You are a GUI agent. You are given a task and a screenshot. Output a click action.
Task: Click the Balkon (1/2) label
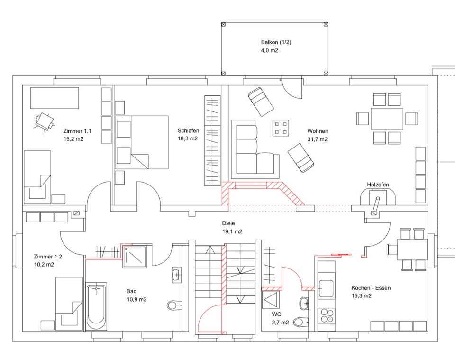[x=276, y=42]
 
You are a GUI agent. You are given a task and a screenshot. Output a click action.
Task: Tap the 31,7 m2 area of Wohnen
[x=318, y=139]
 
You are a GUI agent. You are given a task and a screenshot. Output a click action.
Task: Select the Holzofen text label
[x=378, y=185]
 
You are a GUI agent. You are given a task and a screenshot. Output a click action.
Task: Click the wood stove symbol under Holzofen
[x=378, y=197]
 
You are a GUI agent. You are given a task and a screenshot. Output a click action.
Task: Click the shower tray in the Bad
[x=137, y=256]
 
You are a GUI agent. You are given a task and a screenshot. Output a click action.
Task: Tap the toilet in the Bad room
[x=174, y=305]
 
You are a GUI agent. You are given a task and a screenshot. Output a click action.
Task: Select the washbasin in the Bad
[x=176, y=274]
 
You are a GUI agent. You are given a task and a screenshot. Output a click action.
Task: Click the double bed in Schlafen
[x=142, y=142]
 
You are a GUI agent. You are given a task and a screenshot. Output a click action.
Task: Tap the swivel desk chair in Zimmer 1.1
[x=45, y=121]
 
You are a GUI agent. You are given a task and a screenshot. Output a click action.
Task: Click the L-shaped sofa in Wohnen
[x=251, y=152]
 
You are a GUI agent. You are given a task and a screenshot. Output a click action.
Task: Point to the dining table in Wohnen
[x=387, y=119]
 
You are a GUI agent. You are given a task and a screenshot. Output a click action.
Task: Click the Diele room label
[x=228, y=223]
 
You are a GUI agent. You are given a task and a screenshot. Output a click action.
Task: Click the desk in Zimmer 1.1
[x=55, y=97]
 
